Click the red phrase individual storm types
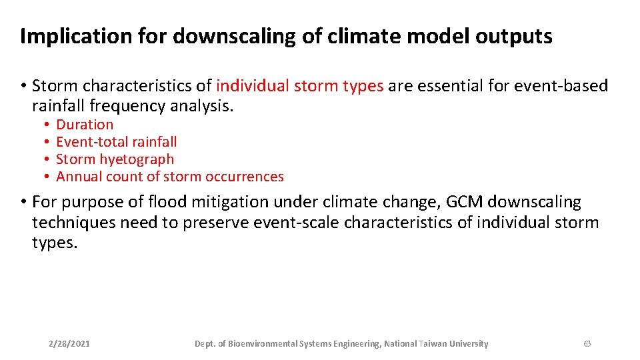click(299, 86)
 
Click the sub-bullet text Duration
click(85, 125)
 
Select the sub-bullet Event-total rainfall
click(116, 142)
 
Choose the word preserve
click(218, 223)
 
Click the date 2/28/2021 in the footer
click(70, 344)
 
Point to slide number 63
click(587, 344)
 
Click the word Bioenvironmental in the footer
click(261, 344)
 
